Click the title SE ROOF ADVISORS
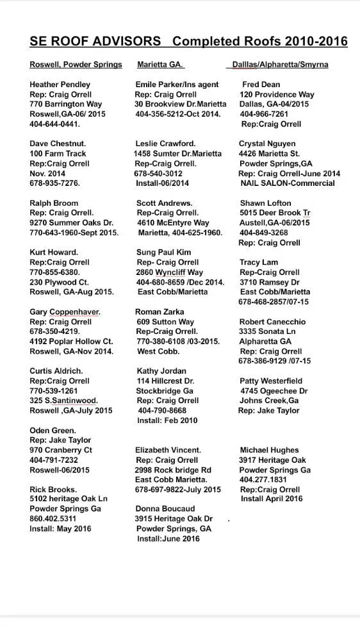pos(95,42)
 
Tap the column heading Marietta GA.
pos(160,65)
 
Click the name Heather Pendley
pos(60,85)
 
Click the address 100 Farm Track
pos(58,154)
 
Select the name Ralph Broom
pos(54,203)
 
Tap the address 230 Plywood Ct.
pos(59,282)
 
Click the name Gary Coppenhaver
pos(65,312)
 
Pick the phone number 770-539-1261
pos(54,391)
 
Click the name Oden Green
pos(53,431)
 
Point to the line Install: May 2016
pos(60,529)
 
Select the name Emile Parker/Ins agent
pos(177,85)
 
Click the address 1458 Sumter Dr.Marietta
pos(177,154)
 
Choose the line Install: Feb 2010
pos(167,421)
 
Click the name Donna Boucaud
pos(165,508)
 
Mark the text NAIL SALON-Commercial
pos(288,183)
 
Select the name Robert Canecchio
pos(272,322)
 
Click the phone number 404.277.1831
pos(263,479)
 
